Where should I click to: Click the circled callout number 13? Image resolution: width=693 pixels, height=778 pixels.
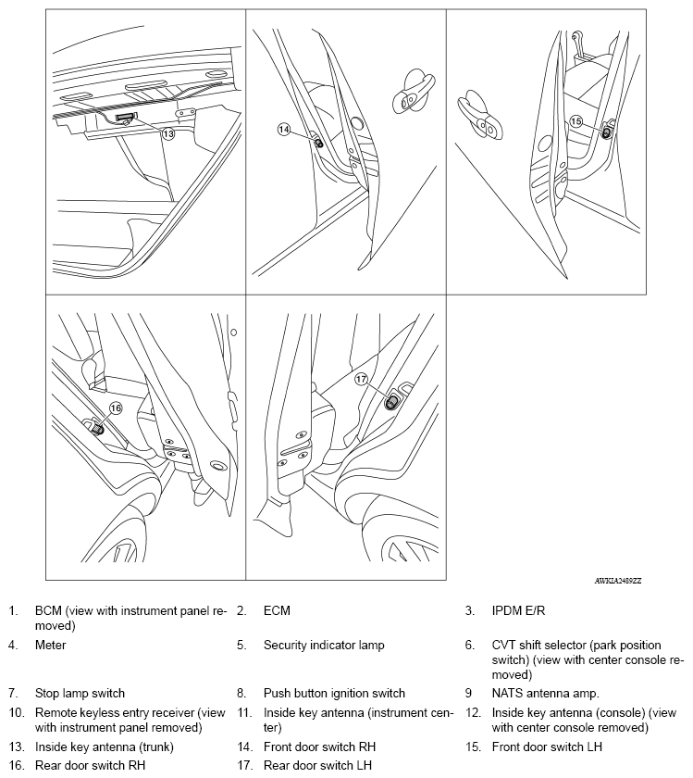pos(167,133)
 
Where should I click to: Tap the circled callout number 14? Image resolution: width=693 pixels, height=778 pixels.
pos(284,130)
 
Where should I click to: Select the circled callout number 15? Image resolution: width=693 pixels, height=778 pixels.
pos(576,121)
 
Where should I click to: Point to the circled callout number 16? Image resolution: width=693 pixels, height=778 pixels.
pos(116,408)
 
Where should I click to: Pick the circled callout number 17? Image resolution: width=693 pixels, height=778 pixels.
pos(362,379)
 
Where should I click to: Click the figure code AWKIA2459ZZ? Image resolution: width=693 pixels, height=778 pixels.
pos(617,580)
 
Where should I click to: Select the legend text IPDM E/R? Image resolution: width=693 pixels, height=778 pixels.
pos(519,611)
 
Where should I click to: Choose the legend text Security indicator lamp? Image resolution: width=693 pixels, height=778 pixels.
pos(323,645)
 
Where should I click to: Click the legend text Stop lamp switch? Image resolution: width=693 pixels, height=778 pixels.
pos(80,693)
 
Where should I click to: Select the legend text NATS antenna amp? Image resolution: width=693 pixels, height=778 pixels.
pos(546,693)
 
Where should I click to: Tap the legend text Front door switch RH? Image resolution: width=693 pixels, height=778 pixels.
pos(319,747)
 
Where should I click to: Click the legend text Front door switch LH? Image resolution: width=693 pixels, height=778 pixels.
pos(548,747)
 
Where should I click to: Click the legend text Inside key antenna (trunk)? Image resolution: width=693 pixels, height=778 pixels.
pos(104,747)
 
